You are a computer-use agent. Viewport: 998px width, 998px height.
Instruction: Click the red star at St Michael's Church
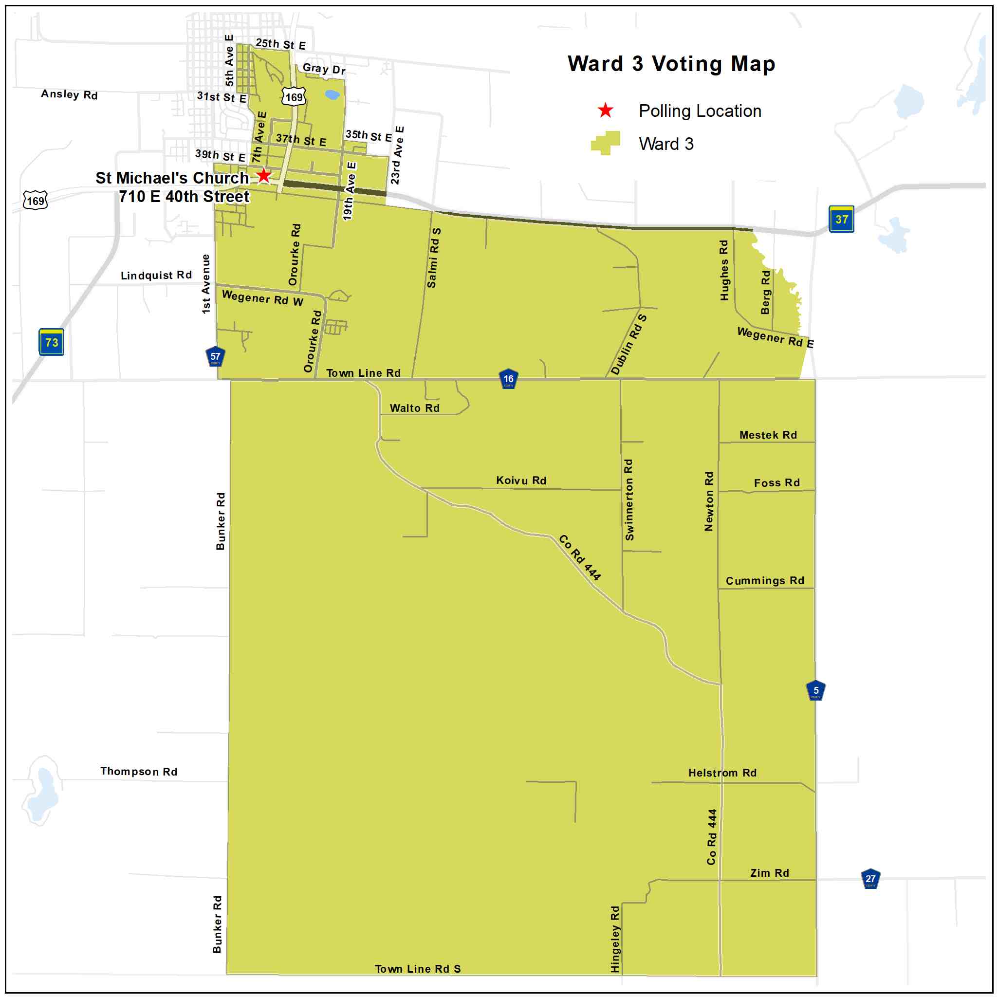click(263, 176)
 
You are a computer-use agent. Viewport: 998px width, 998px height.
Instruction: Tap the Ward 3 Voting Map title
click(671, 64)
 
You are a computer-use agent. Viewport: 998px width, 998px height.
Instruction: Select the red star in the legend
click(605, 111)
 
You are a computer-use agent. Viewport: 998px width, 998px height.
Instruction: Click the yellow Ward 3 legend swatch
click(606, 143)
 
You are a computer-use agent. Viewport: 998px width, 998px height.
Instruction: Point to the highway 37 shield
click(841, 219)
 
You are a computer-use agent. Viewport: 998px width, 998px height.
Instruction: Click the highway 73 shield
click(52, 342)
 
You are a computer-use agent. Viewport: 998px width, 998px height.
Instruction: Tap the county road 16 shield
click(508, 379)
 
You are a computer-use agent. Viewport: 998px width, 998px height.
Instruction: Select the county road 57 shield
click(215, 356)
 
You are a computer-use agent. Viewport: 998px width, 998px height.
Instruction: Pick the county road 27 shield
click(870, 879)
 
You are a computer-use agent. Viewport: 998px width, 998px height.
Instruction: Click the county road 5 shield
click(815, 691)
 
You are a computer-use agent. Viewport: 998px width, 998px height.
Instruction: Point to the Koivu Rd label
click(521, 481)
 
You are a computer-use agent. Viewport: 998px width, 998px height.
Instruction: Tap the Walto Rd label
click(415, 408)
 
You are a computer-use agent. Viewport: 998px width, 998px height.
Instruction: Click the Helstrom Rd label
click(722, 773)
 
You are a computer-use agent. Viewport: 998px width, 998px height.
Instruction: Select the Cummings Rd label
click(765, 581)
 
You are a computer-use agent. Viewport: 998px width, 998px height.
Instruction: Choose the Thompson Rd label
click(139, 771)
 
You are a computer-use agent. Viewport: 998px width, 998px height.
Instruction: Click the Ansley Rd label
click(69, 94)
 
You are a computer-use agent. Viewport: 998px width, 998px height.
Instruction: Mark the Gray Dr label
click(324, 69)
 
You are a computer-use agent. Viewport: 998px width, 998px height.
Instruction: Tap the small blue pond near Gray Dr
click(332, 94)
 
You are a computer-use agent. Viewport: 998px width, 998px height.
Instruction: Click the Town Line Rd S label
click(418, 969)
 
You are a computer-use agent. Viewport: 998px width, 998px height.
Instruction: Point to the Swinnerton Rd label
click(628, 499)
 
